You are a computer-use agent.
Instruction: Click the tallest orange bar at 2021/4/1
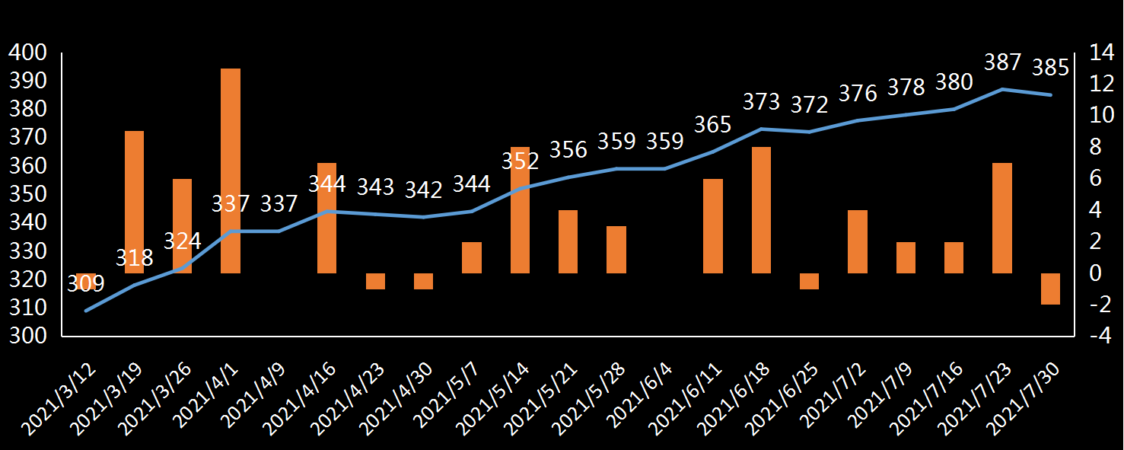point(231,171)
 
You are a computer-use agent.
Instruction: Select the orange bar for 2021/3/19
point(135,202)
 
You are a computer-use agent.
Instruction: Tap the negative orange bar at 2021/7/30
point(1051,289)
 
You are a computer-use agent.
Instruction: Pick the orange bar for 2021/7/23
point(1002,218)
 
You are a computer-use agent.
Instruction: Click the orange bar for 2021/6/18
point(762,210)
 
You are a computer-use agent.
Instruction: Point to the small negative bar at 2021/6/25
point(809,281)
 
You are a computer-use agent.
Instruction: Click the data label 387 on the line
point(1003,62)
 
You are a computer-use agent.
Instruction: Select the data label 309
point(86,284)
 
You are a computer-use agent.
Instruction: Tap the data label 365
point(713,125)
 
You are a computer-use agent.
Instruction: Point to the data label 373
point(762,101)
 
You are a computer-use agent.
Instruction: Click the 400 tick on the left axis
point(27,53)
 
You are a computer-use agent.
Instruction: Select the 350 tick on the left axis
point(27,194)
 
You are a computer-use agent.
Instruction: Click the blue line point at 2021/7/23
point(1003,89)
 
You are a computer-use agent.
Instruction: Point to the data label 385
point(1051,68)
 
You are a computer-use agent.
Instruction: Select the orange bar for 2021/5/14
point(521,210)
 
